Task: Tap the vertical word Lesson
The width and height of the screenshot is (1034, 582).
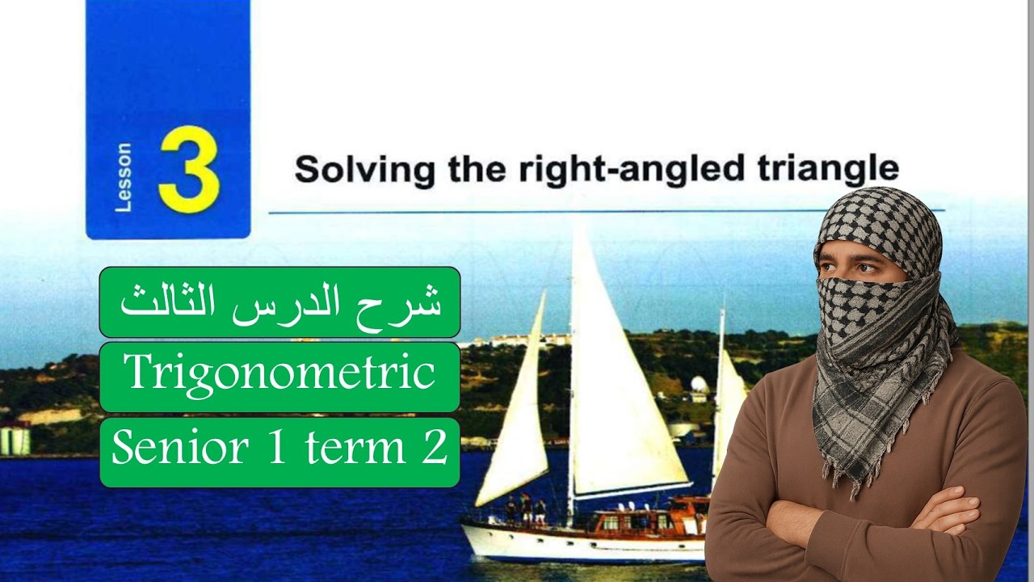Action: pos(124,178)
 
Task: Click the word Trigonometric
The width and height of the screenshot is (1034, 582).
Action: pos(280,373)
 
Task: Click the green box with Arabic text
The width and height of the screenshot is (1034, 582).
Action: pos(280,302)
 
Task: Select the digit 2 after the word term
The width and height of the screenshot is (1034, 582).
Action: pos(435,447)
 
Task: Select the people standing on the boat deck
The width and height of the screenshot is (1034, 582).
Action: pos(525,509)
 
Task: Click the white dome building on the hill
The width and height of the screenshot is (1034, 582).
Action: pos(700,385)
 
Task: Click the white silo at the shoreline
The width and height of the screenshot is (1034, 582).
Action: pos(15,439)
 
